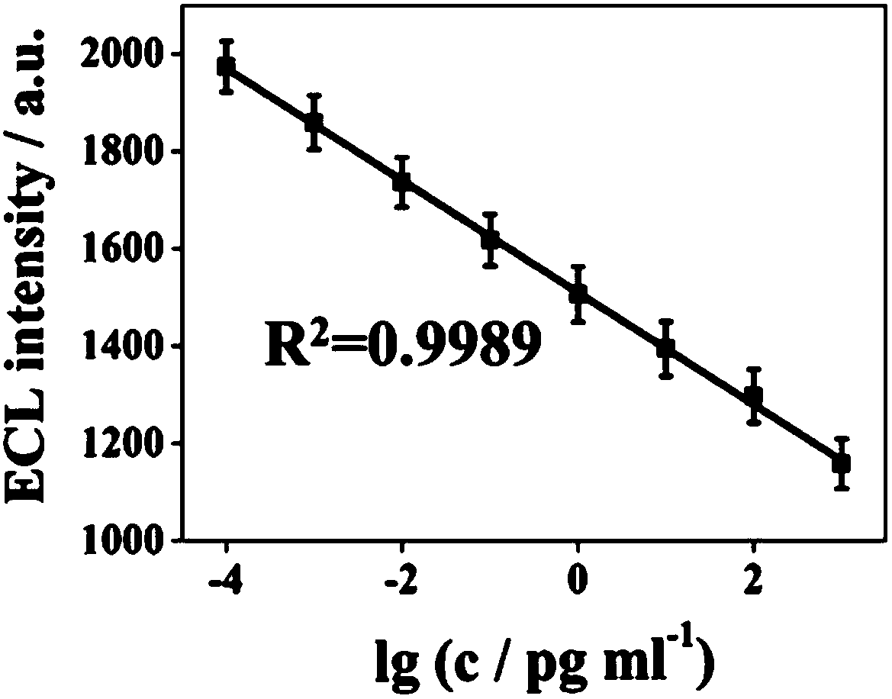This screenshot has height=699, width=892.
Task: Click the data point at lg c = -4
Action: pos(227,66)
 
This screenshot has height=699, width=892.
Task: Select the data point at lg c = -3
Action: pos(314,121)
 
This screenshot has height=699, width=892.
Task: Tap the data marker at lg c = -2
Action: pos(402,182)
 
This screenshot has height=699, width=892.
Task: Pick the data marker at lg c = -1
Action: pos(490,240)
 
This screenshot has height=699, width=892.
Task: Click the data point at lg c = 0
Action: pos(578,294)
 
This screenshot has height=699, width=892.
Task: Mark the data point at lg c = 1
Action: pos(665,348)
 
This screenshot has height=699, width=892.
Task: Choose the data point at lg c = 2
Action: pos(754,396)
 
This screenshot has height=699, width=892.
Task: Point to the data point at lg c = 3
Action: pos(842,463)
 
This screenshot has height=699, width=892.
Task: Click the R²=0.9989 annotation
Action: pos(402,343)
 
